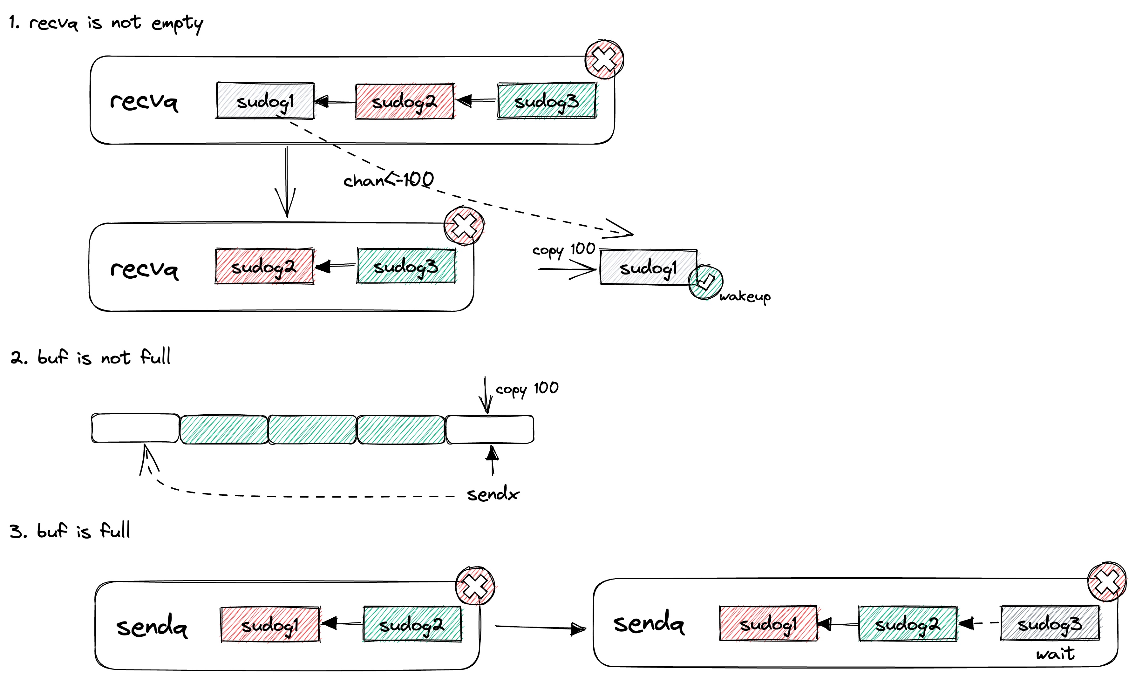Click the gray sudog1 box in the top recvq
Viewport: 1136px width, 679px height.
(265, 101)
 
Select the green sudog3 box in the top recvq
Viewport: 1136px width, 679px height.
(547, 101)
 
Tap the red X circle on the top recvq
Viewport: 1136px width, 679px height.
(604, 59)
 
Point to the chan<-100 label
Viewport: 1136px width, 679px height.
(388, 180)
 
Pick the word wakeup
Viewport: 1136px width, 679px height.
(745, 296)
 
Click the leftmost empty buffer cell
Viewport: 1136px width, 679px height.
(135, 428)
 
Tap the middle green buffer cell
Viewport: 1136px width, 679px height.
(312, 429)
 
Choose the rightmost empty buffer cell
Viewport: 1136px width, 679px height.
(490, 429)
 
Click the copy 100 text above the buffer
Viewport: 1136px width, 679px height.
(527, 389)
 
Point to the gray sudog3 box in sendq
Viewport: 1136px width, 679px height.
(1050, 623)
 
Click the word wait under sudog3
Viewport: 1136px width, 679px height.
(1055, 653)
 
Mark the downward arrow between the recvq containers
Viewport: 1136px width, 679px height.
(286, 183)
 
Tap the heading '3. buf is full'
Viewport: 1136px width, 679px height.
(70, 531)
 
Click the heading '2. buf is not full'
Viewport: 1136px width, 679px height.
(90, 357)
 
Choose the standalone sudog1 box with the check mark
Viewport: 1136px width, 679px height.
(648, 268)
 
